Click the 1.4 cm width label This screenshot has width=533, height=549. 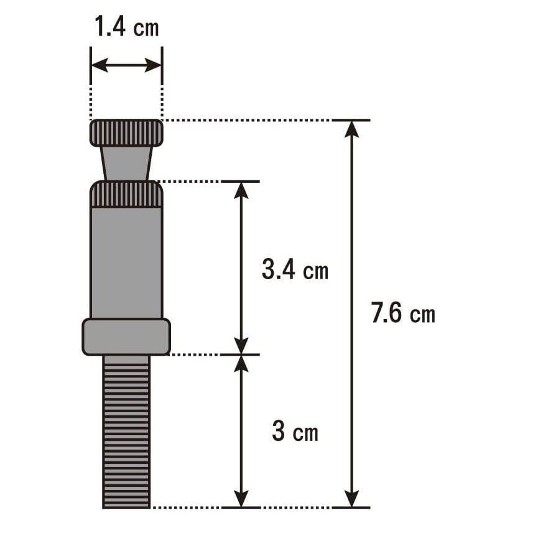[126, 27]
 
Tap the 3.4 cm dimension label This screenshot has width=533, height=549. [295, 270]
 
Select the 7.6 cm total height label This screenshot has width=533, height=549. [403, 313]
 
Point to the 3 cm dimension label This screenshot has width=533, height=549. [295, 431]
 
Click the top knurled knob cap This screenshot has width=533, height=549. [126, 132]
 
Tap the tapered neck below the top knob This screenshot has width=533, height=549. [126, 164]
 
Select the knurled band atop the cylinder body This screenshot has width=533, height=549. [126, 194]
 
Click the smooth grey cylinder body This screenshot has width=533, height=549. [126, 263]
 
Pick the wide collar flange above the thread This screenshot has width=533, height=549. [126, 337]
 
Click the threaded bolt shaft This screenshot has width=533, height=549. [126, 431]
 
